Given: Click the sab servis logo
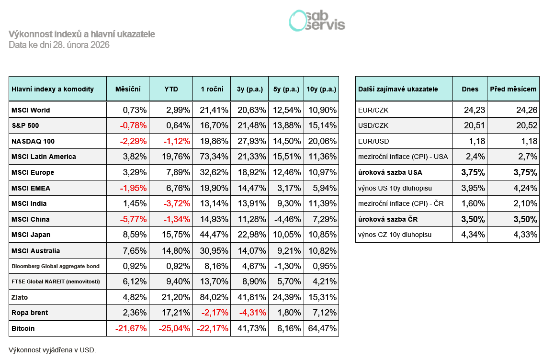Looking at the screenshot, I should [317, 21].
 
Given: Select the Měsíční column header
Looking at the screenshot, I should [128, 89].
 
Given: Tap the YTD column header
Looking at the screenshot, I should [171, 89].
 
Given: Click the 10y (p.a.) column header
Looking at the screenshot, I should [321, 89].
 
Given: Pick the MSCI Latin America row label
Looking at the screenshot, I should [44, 157].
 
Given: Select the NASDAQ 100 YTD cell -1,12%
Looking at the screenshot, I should [176, 141].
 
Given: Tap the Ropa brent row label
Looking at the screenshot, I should [30, 313].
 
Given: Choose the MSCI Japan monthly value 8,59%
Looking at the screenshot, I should [135, 235].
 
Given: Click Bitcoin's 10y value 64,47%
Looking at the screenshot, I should [324, 328].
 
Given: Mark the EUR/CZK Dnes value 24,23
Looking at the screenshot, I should [475, 110].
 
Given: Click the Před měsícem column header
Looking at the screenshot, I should [513, 89].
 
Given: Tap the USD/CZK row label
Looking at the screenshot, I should [372, 126].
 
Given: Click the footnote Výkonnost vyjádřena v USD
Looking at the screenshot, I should [52, 350].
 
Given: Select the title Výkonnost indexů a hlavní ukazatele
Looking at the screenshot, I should [82, 34].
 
